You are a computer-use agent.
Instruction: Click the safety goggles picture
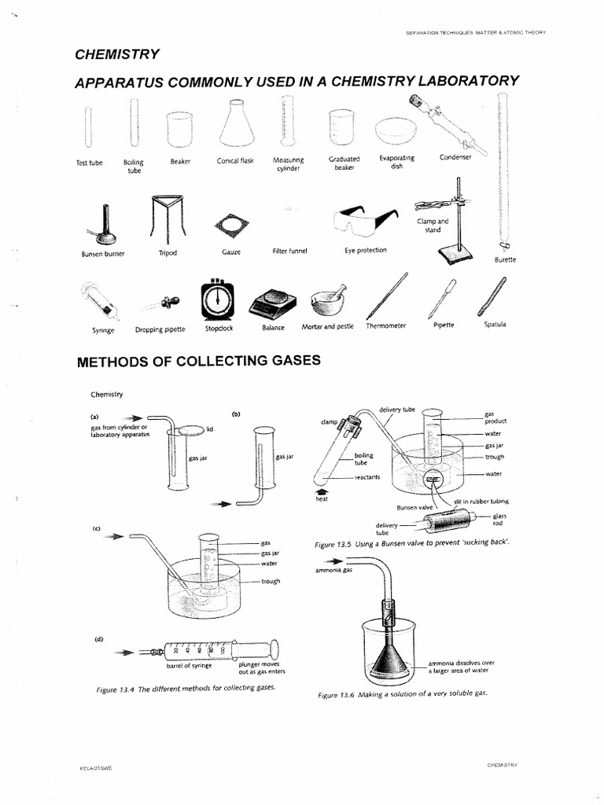pyautogui.click(x=364, y=220)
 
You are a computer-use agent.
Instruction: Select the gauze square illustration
pyautogui.click(x=230, y=226)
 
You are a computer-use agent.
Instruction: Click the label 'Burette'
pyautogui.click(x=504, y=259)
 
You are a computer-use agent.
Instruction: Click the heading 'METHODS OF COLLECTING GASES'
pyautogui.click(x=198, y=362)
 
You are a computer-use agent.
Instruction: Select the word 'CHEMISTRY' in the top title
pyautogui.click(x=117, y=54)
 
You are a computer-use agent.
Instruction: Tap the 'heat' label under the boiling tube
pyautogui.click(x=321, y=499)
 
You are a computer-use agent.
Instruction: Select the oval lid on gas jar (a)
pyautogui.click(x=189, y=429)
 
